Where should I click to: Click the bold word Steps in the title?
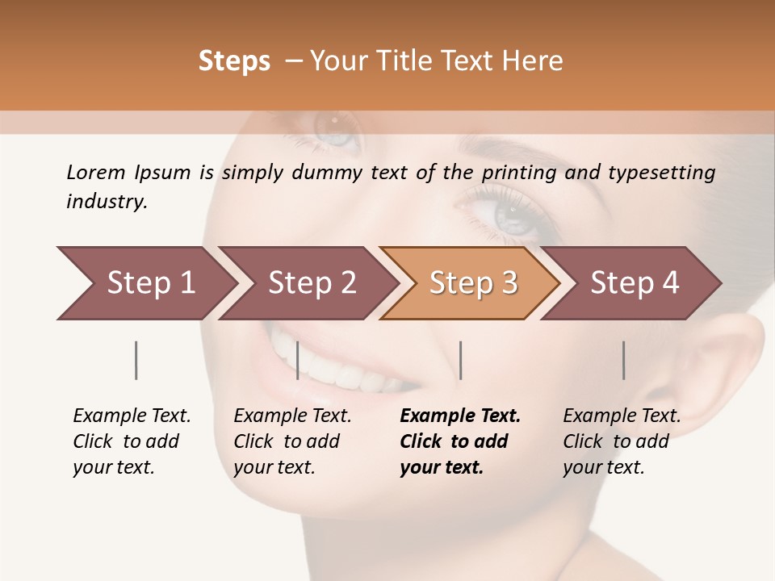(234, 61)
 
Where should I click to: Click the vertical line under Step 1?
(136, 360)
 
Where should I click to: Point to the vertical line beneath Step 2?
(298, 360)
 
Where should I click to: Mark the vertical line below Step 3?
(461, 360)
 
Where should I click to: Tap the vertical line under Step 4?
(624, 360)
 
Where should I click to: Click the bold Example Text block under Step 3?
(460, 441)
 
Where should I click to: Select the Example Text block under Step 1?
(132, 441)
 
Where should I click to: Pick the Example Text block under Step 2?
(292, 441)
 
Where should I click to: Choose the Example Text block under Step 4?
(622, 441)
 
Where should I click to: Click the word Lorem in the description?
(96, 172)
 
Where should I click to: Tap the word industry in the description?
(107, 202)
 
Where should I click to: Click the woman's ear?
(731, 363)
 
